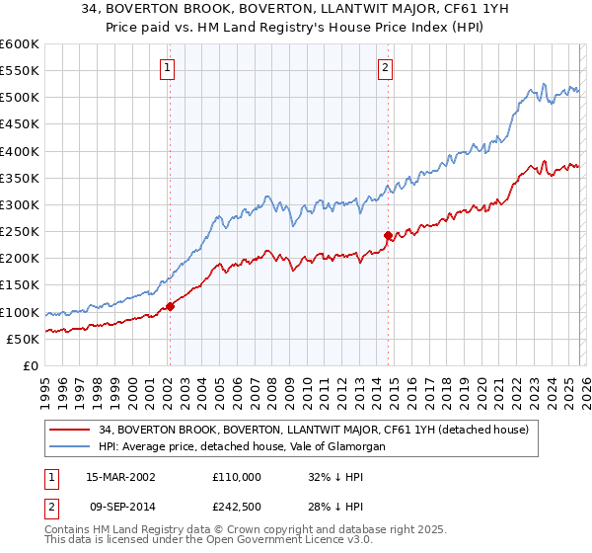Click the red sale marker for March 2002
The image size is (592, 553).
170,306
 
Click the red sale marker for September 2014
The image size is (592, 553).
388,235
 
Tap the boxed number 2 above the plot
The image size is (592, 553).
385,68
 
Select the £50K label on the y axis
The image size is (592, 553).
23,339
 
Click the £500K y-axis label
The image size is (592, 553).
20,98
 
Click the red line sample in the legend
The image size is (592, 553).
71,430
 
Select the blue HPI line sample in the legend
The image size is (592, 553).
71,446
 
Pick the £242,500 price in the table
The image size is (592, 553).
237,509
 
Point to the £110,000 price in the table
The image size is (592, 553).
237,477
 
